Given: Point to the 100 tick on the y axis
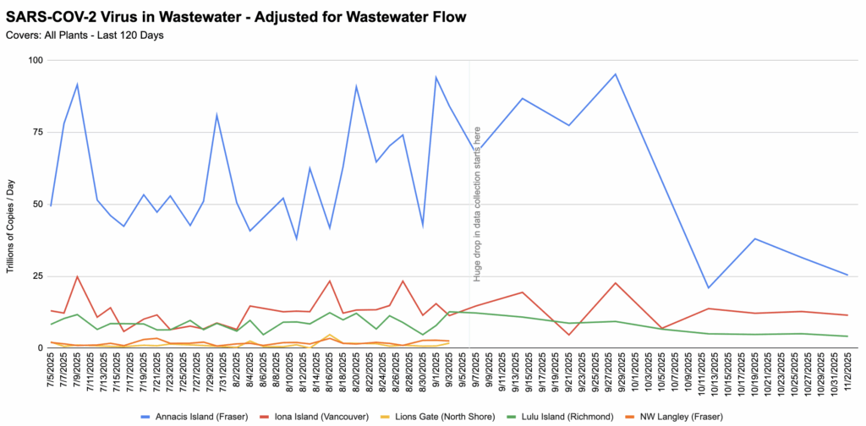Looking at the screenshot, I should coord(35,60).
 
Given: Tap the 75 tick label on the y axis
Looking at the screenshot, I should coord(37,132).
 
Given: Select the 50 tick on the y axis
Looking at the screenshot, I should coord(37,204).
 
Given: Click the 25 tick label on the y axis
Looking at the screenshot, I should coord(37,276).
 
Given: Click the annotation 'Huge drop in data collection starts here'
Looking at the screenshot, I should coord(477,204).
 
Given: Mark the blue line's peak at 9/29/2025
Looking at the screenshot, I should coord(616,74).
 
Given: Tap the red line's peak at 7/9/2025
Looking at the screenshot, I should coord(77,276).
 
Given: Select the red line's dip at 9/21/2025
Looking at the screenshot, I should coord(569,335).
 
